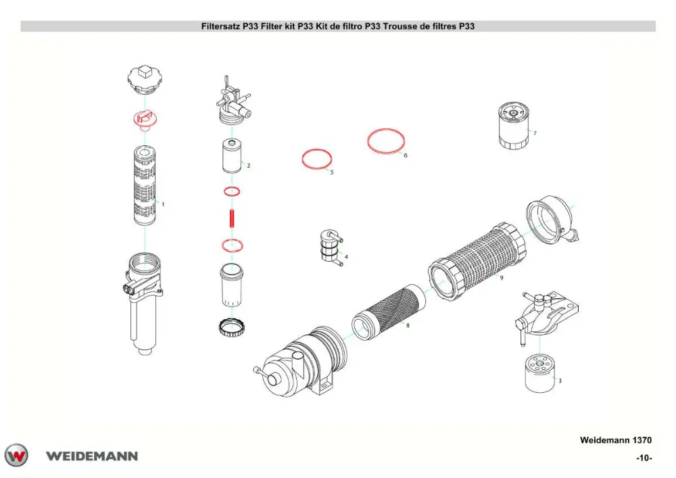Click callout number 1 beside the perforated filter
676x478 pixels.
(163, 204)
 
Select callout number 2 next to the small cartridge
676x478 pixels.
(248, 165)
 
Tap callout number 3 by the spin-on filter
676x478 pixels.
(560, 381)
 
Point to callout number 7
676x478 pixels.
(535, 133)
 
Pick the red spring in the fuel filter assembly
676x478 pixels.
(232, 217)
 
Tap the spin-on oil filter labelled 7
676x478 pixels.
(513, 126)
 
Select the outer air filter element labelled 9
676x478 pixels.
(477, 262)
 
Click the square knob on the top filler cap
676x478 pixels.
(145, 71)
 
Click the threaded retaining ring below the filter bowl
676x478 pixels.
(232, 327)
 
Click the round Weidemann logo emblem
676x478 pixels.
(16, 455)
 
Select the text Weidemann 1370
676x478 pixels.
(616, 440)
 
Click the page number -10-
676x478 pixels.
(644, 458)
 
